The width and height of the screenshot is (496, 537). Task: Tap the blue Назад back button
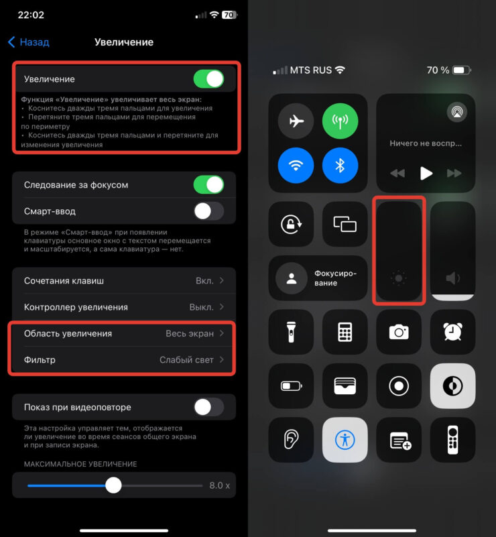29,42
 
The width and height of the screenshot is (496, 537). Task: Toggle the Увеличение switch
209,78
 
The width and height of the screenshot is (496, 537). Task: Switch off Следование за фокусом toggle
209,184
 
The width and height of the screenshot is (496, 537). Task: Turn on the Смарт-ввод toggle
209,211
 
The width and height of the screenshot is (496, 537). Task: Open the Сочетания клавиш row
124,280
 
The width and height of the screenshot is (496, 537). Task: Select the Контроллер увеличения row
124,307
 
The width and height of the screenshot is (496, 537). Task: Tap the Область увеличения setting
124,333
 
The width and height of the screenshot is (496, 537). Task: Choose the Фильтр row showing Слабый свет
124,359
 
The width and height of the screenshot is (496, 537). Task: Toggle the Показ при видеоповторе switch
209,407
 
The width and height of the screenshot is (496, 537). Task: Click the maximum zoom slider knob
113,485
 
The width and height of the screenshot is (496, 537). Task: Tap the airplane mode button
296,121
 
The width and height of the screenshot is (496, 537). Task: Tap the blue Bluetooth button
340,166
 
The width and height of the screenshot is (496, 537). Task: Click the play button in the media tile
426,173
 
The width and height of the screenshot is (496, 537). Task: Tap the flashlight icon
291,332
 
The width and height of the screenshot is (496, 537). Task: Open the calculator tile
345,332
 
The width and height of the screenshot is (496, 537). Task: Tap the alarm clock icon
452,332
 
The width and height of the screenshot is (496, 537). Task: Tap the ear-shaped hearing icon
291,439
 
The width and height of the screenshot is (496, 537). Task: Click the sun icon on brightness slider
398,278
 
